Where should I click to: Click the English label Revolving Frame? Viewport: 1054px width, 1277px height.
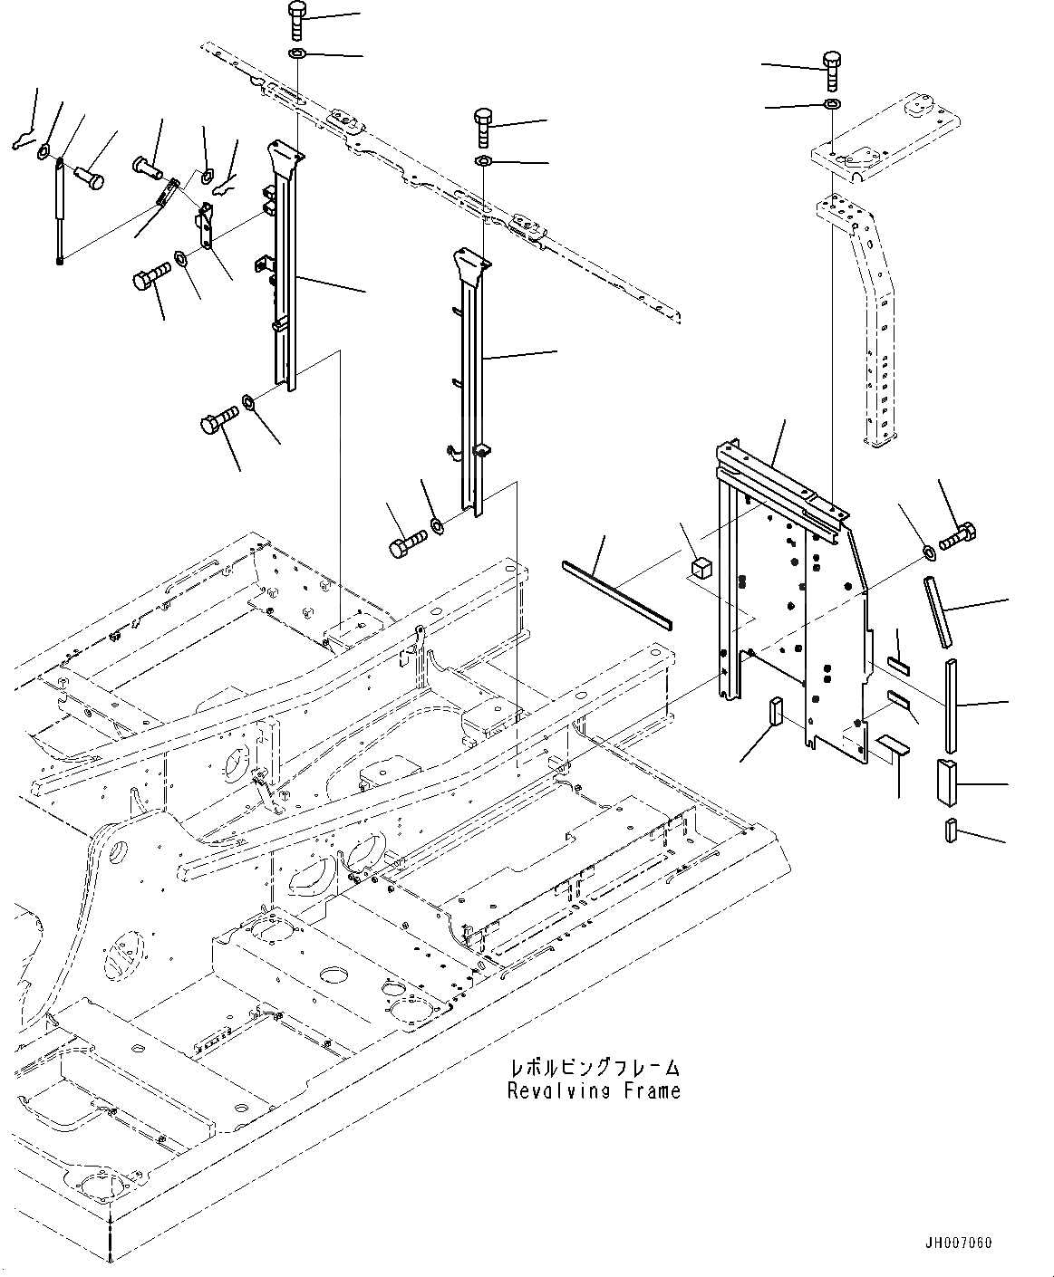(x=594, y=1091)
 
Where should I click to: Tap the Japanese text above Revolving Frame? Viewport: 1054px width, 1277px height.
(x=595, y=1070)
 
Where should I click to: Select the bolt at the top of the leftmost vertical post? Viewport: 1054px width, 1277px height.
(x=297, y=18)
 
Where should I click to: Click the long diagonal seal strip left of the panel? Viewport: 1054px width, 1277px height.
(x=617, y=594)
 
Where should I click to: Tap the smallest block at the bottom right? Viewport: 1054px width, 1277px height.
(x=951, y=831)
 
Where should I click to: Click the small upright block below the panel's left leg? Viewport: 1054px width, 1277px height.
(x=775, y=713)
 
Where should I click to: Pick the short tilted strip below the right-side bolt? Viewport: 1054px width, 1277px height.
(x=938, y=612)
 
